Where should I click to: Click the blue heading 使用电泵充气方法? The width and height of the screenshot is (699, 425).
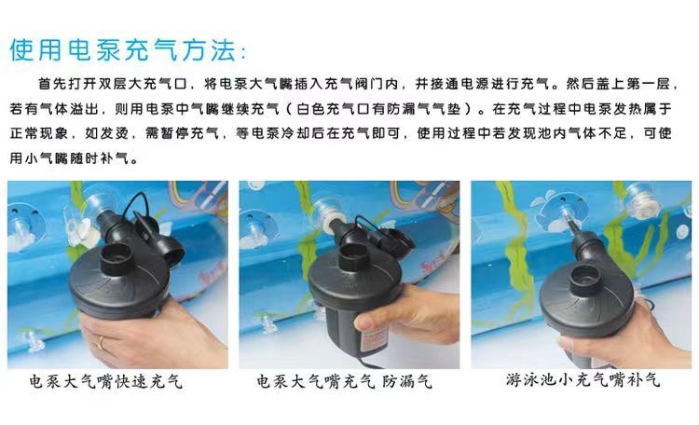point(122,49)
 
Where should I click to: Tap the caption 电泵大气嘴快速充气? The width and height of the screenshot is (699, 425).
point(106,382)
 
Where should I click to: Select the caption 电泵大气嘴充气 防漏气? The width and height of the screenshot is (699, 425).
point(344,382)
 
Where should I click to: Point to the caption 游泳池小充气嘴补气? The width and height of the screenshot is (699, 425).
point(582,380)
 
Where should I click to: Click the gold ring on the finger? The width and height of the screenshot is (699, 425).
point(101,342)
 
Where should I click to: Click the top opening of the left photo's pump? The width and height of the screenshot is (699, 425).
point(116,255)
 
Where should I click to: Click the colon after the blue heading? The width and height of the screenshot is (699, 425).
point(242,53)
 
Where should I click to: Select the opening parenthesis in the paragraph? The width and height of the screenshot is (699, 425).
point(289,108)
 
